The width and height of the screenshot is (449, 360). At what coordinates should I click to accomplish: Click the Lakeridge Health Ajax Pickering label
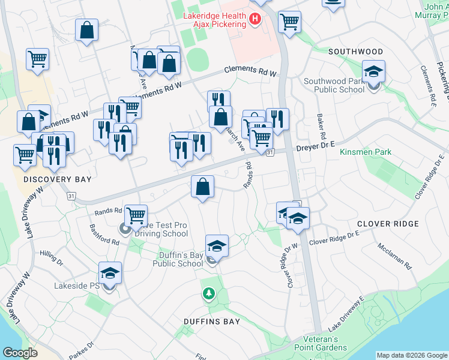pyautogui.click(x=215, y=20)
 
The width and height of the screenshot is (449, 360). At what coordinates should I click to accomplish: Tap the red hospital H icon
pyautogui.click(x=255, y=20)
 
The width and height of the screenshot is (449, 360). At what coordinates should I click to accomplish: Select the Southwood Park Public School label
pyautogui.click(x=334, y=85)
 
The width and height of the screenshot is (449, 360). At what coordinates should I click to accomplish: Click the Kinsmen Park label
pyautogui.click(x=366, y=152)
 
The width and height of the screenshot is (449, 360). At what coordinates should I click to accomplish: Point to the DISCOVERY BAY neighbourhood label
pyautogui.click(x=49, y=179)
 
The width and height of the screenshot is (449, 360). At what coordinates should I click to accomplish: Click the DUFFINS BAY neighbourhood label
pyautogui.click(x=212, y=322)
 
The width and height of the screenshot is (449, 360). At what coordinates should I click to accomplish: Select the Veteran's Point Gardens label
pyautogui.click(x=321, y=343)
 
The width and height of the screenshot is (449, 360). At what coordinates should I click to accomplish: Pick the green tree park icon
pyautogui.click(x=208, y=294)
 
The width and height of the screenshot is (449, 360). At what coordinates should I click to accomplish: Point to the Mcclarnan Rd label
pyautogui.click(x=394, y=256)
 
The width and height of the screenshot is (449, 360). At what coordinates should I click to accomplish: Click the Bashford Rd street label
pyautogui.click(x=104, y=235)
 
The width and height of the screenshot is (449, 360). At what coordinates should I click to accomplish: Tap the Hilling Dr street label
pyautogui.click(x=52, y=259)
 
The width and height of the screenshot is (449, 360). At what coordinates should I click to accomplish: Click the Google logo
pyautogui.click(x=20, y=353)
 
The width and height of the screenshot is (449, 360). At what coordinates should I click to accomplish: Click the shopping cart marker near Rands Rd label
pyautogui.click(x=136, y=215)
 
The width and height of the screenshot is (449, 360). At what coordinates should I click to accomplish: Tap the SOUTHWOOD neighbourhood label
pyautogui.click(x=355, y=52)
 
